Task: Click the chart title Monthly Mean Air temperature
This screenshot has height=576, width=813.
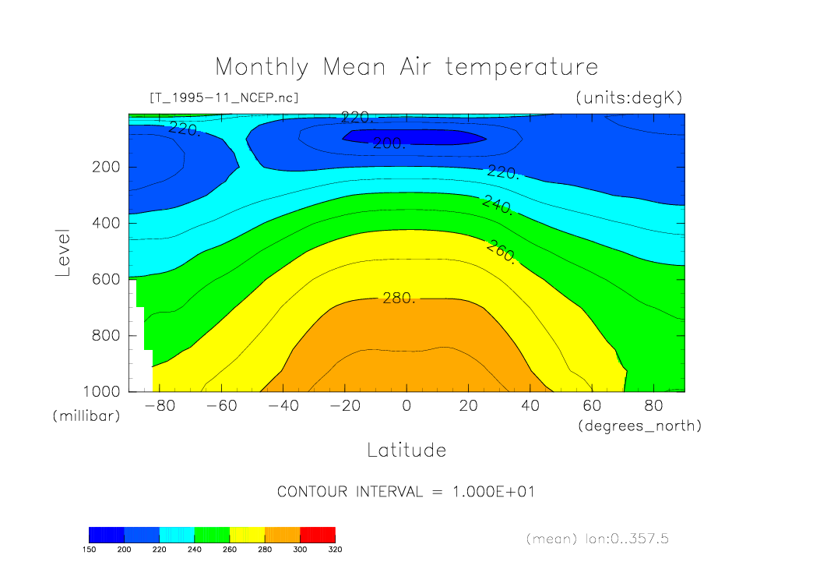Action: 406,67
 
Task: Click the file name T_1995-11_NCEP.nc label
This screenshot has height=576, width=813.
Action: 223,97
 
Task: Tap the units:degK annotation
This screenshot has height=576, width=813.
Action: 628,97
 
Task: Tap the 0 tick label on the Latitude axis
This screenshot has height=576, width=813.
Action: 406,406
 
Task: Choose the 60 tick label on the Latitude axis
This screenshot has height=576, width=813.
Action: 592,406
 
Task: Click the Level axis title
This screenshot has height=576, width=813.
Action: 63,253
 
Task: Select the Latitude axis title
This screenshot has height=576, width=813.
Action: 406,451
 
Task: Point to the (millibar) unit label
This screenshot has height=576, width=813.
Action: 86,416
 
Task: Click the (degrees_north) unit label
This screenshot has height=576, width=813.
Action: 639,426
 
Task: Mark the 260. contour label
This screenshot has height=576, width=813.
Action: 501,252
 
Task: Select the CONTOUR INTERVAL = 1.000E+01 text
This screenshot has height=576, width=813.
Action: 406,492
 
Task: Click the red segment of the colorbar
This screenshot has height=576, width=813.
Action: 317,534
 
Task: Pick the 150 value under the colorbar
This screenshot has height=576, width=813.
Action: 90,549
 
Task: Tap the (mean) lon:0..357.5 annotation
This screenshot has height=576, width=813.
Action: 597,539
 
